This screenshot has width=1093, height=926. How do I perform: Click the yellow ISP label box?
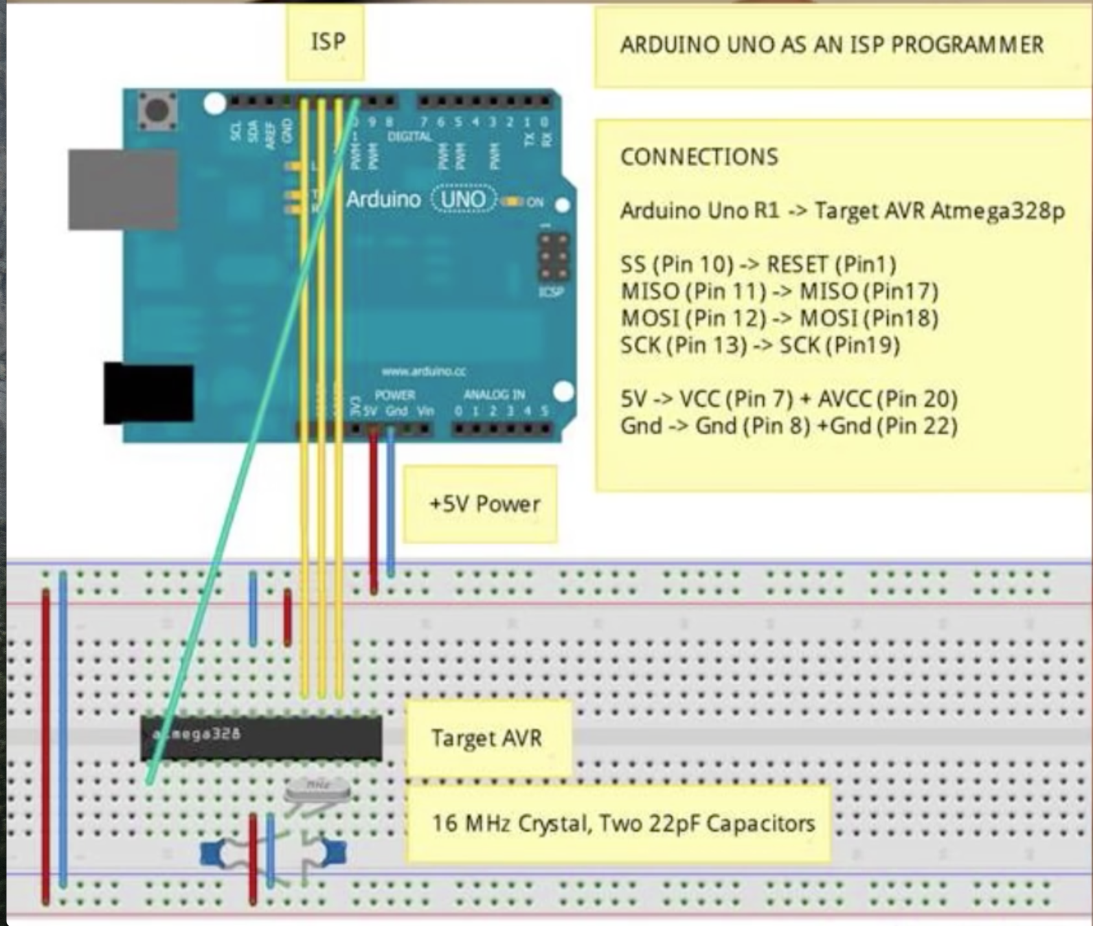click(326, 43)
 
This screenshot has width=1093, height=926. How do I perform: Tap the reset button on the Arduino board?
click(157, 110)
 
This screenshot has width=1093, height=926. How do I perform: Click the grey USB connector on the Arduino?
click(122, 189)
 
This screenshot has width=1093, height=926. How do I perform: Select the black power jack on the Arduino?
click(149, 393)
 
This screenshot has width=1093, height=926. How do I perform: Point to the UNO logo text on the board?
click(462, 199)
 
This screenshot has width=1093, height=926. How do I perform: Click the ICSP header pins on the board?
click(554, 257)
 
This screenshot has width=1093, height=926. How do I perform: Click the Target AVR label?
click(488, 738)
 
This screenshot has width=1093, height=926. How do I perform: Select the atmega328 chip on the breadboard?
click(262, 738)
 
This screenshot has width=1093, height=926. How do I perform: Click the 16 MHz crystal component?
click(317, 791)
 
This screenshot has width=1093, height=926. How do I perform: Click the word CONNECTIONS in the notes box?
click(699, 157)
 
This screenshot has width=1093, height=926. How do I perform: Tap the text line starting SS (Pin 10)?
click(758, 265)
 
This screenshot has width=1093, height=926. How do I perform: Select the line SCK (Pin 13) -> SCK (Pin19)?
click(760, 345)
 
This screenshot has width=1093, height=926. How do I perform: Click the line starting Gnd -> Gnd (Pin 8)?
click(788, 426)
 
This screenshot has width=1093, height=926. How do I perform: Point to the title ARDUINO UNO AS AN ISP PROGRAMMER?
click(831, 45)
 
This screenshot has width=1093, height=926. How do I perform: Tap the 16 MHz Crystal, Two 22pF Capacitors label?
click(623, 824)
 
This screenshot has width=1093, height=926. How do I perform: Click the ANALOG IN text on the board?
click(494, 394)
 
